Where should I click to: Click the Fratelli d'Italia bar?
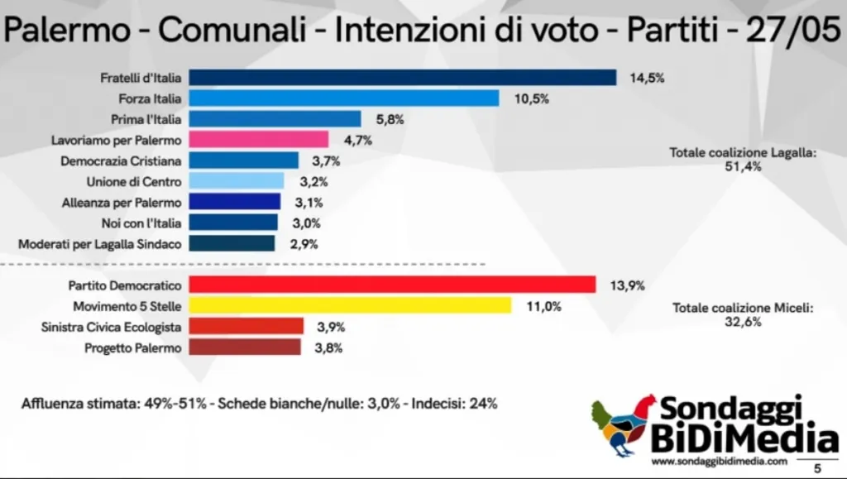[403, 77]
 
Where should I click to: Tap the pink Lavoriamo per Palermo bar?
[259, 139]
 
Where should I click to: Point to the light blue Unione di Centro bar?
[237, 181]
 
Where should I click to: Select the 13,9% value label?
[628, 285]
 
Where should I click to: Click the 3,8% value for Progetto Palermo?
[328, 347]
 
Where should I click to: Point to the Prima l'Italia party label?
[146, 119]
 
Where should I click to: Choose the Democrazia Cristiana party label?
[121, 160]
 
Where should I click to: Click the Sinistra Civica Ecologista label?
[111, 327]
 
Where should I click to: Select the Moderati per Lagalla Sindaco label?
[99, 243]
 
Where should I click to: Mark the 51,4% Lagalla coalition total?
[742, 166]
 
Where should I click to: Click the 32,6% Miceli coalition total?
[742, 322]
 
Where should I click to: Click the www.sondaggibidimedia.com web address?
[719, 461]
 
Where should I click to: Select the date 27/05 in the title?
[793, 31]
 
